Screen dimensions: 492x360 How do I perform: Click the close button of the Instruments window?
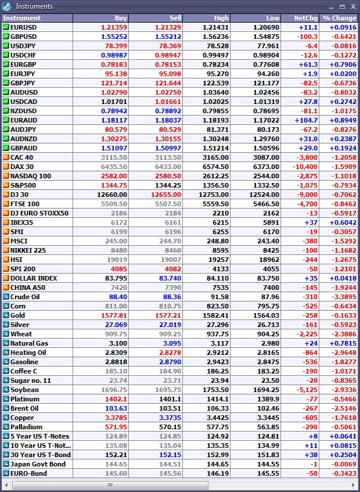pos(352,6)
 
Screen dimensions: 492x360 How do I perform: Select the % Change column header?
pos(340,18)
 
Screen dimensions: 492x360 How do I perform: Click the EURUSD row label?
pos(24,27)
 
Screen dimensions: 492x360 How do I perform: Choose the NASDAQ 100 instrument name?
pos(31,176)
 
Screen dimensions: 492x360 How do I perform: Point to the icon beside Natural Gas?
pos(6,343)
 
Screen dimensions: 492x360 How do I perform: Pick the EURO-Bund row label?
pos(28,473)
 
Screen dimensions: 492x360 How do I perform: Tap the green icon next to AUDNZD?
pos(6,139)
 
